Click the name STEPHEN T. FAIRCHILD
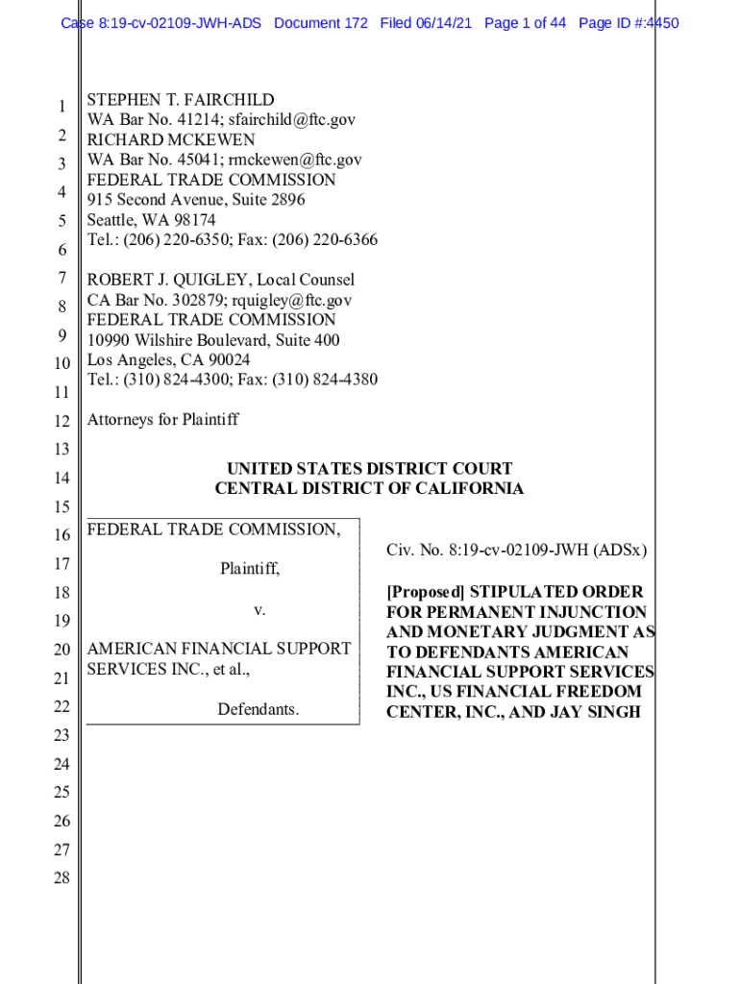(x=181, y=100)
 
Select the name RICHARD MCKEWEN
(x=171, y=140)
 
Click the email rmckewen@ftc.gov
(x=301, y=160)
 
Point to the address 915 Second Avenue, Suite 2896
(x=196, y=200)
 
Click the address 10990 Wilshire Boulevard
(x=179, y=340)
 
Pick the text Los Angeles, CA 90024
(x=169, y=360)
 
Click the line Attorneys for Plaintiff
(x=162, y=420)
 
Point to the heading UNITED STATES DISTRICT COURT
(x=369, y=469)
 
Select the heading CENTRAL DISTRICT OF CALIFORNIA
(x=369, y=489)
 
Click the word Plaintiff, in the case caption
(x=250, y=569)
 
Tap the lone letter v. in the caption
(x=259, y=610)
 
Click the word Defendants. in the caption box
(x=258, y=710)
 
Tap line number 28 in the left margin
(x=62, y=878)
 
